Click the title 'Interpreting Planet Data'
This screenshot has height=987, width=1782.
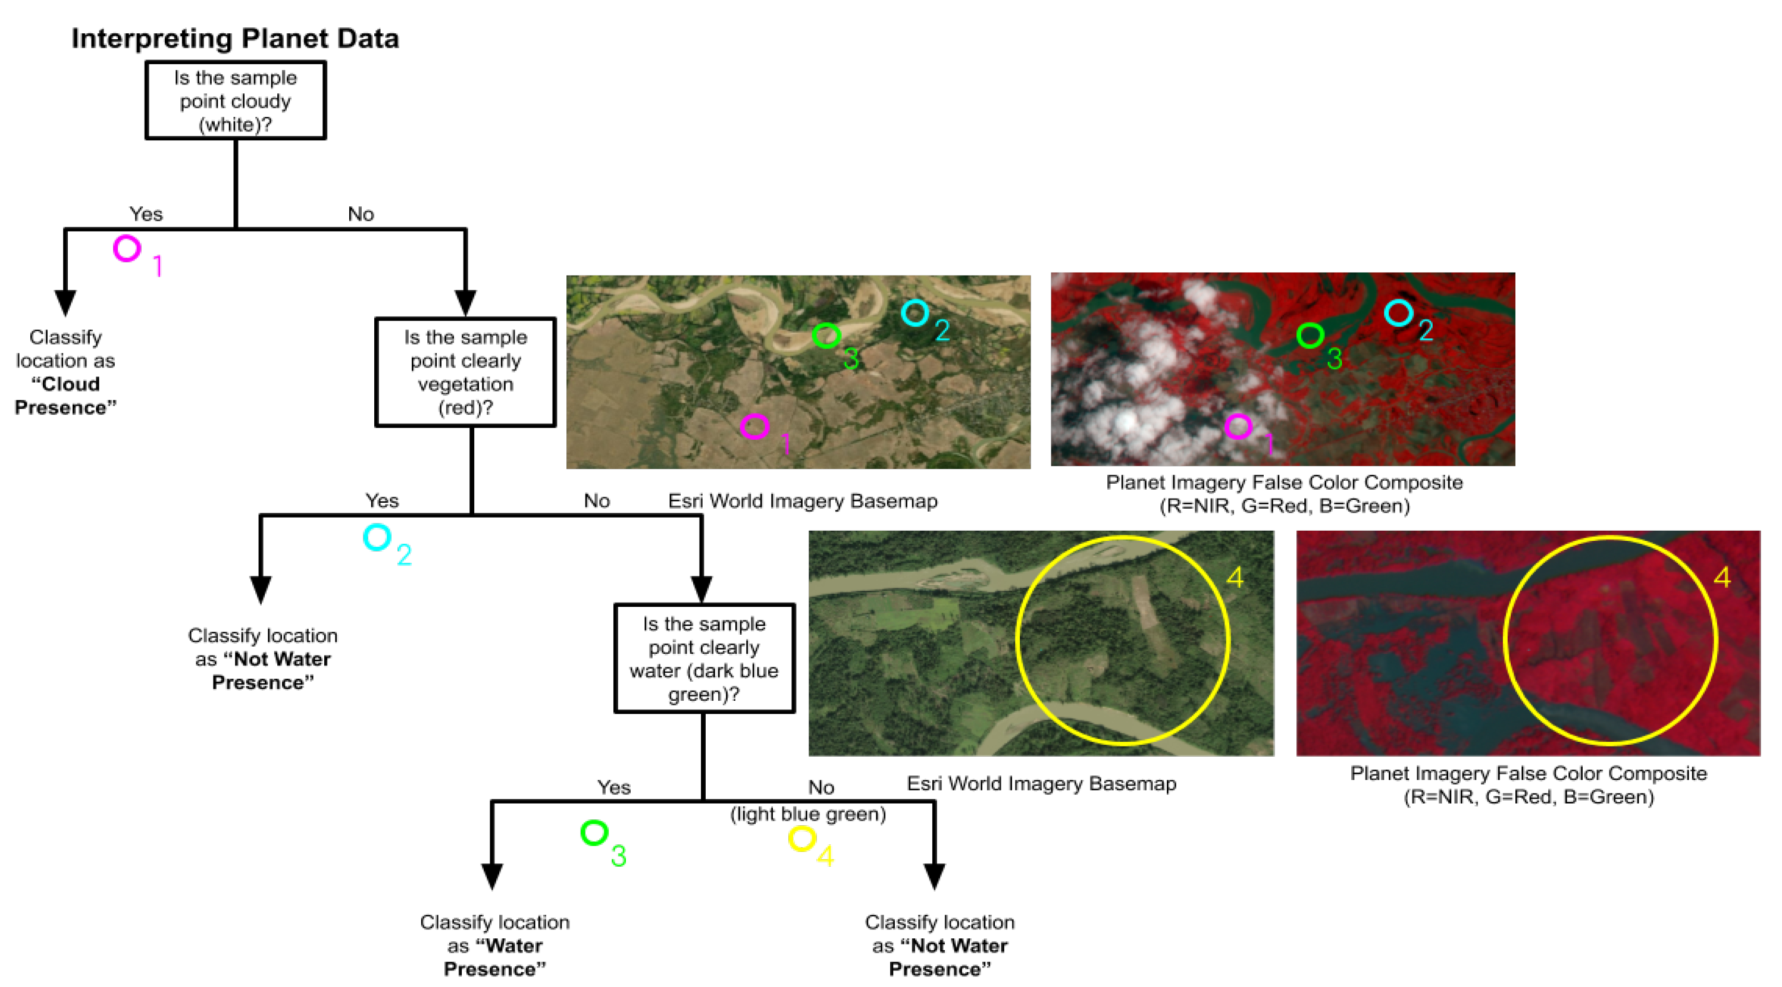tap(235, 38)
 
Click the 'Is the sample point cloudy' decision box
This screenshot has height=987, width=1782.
tap(235, 101)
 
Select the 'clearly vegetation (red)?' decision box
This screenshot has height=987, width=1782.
tap(465, 372)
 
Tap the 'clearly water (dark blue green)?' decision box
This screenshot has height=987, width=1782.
tap(704, 659)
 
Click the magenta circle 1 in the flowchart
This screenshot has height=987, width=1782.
tap(127, 248)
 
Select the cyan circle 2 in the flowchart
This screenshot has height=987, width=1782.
tap(377, 537)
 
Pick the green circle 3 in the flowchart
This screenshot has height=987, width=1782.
tap(594, 833)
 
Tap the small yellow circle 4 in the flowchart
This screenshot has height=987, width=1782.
tap(802, 839)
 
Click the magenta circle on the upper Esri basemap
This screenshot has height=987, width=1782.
tap(754, 427)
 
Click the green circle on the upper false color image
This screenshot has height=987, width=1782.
tap(1310, 336)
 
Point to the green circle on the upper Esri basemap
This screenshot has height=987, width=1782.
tap(826, 336)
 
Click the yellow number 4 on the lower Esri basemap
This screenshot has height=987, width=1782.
tap(1235, 578)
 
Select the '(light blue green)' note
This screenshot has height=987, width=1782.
tap(808, 814)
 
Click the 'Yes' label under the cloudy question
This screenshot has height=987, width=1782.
tap(146, 214)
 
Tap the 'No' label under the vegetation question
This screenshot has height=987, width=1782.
tap(596, 500)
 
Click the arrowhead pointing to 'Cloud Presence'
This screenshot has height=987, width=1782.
tap(65, 302)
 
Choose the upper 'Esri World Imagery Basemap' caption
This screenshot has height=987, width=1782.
tap(803, 501)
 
